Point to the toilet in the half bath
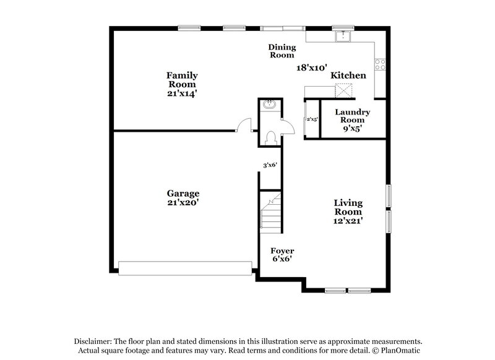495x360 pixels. click(x=270, y=137)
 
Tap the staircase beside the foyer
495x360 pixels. click(x=270, y=211)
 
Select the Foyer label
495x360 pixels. click(x=282, y=251)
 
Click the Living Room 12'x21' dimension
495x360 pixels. click(x=348, y=220)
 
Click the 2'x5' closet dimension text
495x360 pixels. click(x=312, y=119)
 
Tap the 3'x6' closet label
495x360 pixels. click(x=270, y=165)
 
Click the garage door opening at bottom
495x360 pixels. click(x=186, y=267)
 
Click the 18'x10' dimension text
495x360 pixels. click(x=311, y=67)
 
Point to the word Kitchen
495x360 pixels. click(x=348, y=75)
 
